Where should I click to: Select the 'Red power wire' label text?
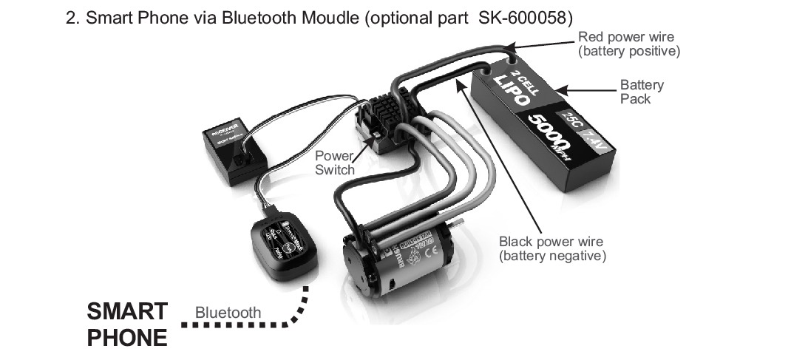point(625,37)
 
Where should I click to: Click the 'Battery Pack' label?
point(641,91)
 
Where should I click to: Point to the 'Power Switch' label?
point(334,163)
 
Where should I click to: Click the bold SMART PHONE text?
point(127,324)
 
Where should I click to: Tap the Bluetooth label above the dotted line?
point(228,313)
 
